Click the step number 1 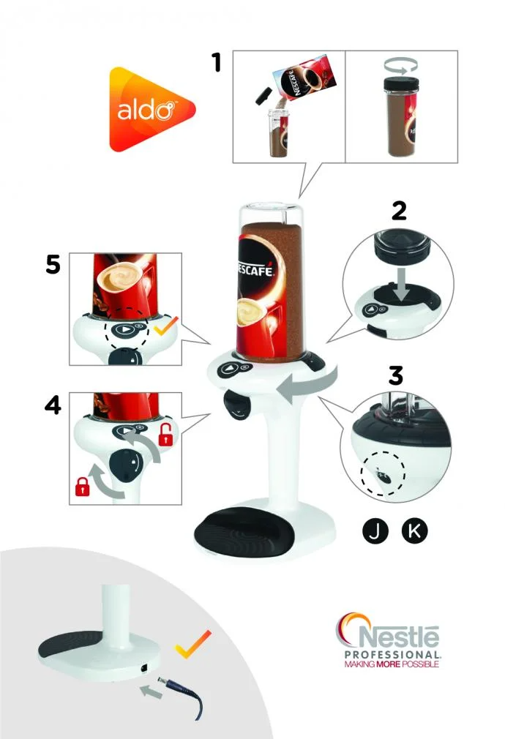[x=216, y=62]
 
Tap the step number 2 [x=399, y=210]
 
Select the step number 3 [x=395, y=375]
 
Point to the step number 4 [x=52, y=405]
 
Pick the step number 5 [x=53, y=264]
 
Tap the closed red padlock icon [x=82, y=485]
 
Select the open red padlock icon [x=166, y=436]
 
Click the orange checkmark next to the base [x=193, y=644]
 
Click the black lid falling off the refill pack [x=263, y=95]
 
